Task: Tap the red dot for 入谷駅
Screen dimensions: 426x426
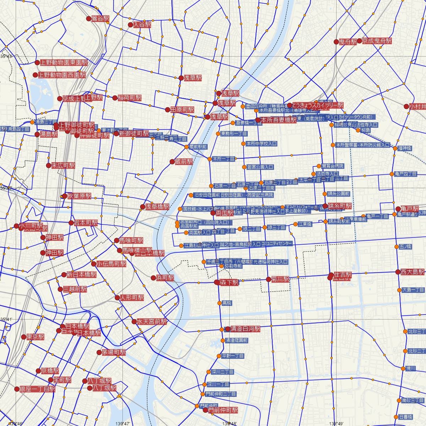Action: [x=130, y=25]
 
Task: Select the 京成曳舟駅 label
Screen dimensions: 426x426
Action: [x=377, y=41]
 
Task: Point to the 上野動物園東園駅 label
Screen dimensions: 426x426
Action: [x=64, y=62]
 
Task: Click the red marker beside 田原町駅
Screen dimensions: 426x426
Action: [x=168, y=110]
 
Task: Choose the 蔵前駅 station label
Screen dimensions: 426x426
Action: [x=184, y=162]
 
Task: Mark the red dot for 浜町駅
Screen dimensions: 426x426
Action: [x=153, y=278]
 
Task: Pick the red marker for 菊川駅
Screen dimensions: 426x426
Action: [x=268, y=279]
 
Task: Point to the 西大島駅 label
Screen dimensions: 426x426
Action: [x=413, y=272]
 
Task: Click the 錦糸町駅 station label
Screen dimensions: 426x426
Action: [x=339, y=206]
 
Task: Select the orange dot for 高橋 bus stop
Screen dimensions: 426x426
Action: [x=219, y=303]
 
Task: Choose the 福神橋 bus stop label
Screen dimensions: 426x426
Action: [x=404, y=148]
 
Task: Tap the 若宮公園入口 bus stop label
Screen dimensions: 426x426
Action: [x=260, y=167]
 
